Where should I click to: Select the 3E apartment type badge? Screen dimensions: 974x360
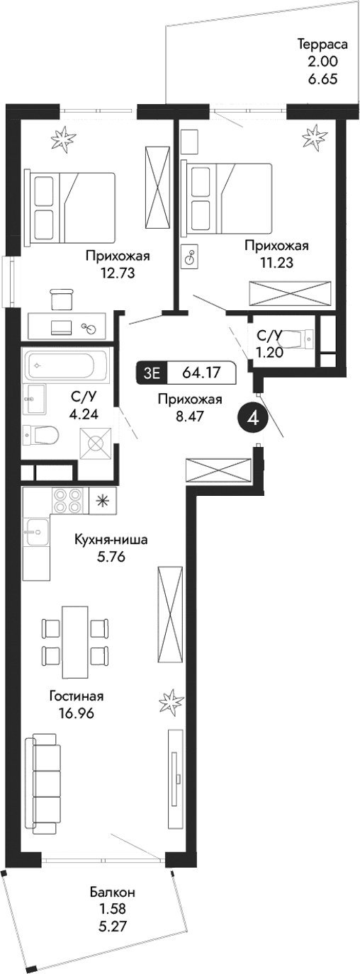[152, 372]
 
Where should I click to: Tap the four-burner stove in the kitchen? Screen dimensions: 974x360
[66, 501]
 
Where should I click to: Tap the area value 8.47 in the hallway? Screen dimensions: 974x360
[190, 417]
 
